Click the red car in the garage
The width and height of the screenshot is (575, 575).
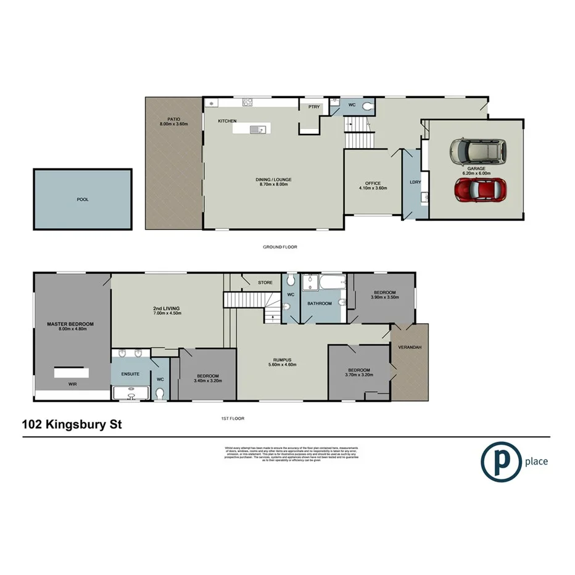(x=479, y=191)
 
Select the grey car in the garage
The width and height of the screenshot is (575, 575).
(x=476, y=151)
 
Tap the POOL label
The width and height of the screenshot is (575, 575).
(x=82, y=200)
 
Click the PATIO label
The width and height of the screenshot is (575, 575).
(x=173, y=119)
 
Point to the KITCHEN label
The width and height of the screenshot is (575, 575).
(x=227, y=121)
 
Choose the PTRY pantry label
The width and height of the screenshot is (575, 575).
(x=314, y=107)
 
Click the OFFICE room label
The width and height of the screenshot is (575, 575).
(x=373, y=183)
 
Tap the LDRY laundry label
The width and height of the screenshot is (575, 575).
(x=415, y=182)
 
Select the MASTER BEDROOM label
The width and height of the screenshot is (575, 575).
(x=70, y=324)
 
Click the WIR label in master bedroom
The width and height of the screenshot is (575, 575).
(x=73, y=383)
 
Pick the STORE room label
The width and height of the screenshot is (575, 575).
(x=265, y=283)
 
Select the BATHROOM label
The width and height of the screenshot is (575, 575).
(x=320, y=304)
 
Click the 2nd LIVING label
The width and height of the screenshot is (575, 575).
(x=166, y=308)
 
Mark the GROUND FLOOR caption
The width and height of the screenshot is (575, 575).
(x=280, y=247)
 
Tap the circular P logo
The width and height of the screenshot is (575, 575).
(x=499, y=461)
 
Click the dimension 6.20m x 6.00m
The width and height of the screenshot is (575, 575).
(x=476, y=173)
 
